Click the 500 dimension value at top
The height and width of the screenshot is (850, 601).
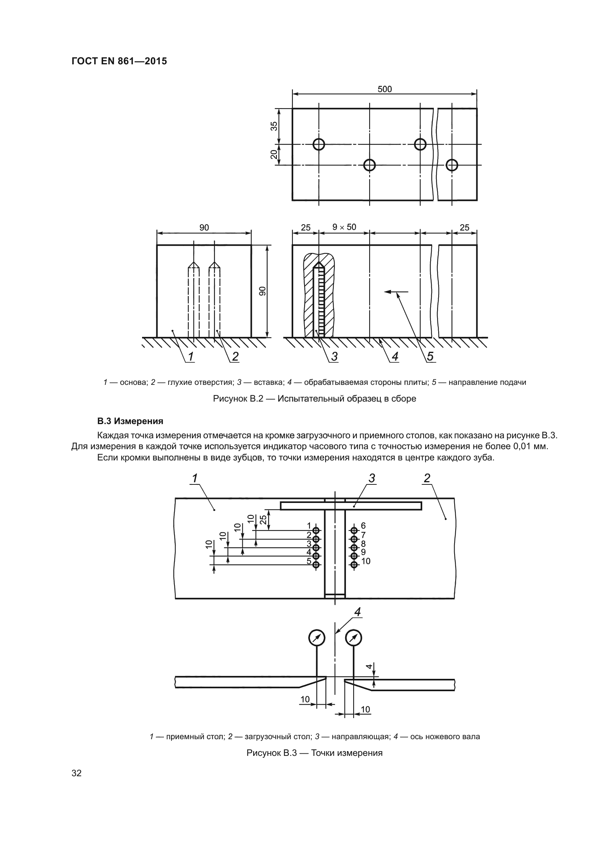tap(384, 89)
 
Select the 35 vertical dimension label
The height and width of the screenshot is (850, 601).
tap(274, 126)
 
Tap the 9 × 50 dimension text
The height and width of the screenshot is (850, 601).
tap(344, 227)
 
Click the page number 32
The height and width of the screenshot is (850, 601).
tap(77, 773)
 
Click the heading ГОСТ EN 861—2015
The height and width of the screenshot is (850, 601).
tap(119, 61)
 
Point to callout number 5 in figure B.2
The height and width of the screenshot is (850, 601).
tap(430, 356)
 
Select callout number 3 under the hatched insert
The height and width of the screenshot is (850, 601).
tap(335, 356)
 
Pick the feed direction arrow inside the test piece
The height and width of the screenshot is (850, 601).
tap(396, 292)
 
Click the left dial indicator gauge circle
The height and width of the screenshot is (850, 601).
tap(316, 637)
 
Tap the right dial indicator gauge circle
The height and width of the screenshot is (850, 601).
tap(354, 637)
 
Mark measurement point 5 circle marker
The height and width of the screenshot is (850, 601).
tap(316, 565)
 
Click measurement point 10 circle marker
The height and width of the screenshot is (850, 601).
tap(354, 565)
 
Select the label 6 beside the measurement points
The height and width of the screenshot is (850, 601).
tap(363, 526)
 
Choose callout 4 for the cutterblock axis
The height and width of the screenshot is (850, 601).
tap(358, 612)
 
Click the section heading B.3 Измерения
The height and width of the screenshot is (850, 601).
tap(130, 421)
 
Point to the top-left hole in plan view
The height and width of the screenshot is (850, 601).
tap(319, 144)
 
